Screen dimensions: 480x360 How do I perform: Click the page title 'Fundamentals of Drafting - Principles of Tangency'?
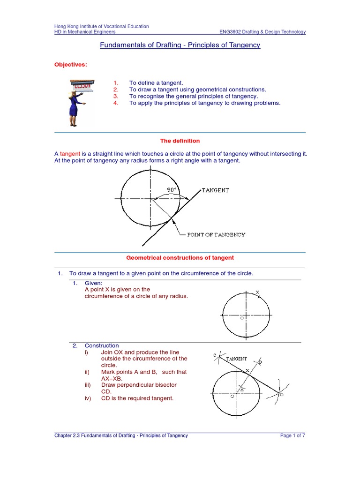pos(180,45)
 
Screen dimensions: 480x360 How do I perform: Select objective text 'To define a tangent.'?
pos(156,82)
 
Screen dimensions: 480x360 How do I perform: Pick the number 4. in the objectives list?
pos(116,103)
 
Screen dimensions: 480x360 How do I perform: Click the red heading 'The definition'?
pos(180,141)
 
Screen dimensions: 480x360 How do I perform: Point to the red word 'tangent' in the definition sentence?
pos(70,154)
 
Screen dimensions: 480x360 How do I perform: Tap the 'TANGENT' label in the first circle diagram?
pos(215,190)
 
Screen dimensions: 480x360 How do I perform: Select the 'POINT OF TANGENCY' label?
pos(216,234)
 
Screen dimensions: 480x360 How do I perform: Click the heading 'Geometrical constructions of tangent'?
pos(180,258)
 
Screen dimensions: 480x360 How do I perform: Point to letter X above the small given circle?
pos(257,292)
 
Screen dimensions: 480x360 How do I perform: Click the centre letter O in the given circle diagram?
pos(242,318)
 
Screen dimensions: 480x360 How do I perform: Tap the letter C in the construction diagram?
pos(215,356)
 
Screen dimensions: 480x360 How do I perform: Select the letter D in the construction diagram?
pos(281,395)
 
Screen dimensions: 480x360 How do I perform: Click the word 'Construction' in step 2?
pos(102,345)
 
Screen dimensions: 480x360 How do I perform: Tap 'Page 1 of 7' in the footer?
pos(292,435)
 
